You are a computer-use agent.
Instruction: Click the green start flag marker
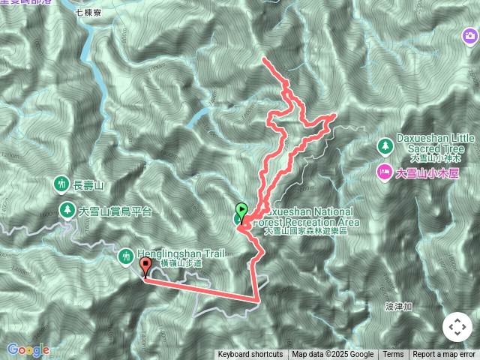(x=241, y=211)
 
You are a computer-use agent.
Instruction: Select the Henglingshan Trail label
(x=170, y=255)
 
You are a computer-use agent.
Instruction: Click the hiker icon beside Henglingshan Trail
(x=125, y=257)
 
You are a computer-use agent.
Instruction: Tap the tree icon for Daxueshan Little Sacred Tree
(x=385, y=144)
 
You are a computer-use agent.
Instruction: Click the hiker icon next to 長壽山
(x=61, y=184)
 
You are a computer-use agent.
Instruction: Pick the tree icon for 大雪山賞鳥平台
(x=67, y=210)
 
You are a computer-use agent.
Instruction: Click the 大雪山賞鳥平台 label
(x=115, y=211)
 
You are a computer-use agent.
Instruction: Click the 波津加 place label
(x=398, y=306)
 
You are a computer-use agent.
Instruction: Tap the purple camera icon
(x=469, y=35)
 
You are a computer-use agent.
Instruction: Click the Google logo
(x=28, y=349)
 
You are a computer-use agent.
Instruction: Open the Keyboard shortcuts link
(x=250, y=355)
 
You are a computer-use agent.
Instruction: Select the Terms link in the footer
(x=393, y=355)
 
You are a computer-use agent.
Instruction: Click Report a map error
(x=444, y=355)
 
